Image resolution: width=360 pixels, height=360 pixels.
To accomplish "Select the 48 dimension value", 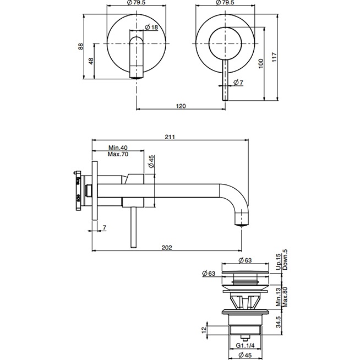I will tap(91, 62).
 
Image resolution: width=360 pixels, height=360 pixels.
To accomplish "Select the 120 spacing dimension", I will tap(181, 105).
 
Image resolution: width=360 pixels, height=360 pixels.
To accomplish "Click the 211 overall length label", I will tap(170, 138).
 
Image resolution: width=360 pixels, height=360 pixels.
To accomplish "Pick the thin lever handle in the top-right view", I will tap(223, 83).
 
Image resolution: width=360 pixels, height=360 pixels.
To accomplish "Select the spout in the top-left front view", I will tap(135, 56).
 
